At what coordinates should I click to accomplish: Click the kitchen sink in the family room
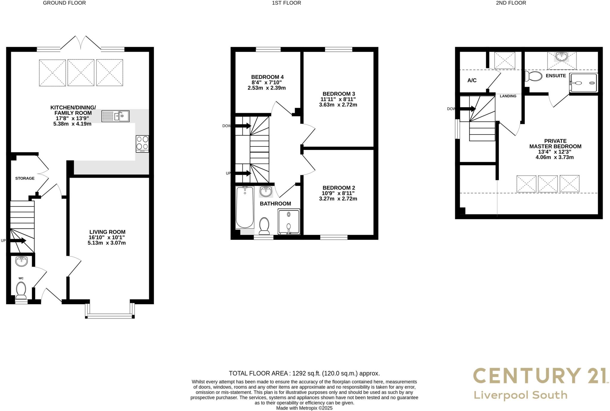115,116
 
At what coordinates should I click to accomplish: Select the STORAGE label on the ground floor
25,178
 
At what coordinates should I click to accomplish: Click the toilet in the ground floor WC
21,290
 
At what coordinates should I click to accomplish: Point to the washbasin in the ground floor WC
21,261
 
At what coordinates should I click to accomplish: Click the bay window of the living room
110,316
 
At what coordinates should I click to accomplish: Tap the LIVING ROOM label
107,232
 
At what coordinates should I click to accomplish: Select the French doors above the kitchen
80,43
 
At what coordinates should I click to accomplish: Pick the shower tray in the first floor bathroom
289,222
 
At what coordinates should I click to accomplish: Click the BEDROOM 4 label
267,77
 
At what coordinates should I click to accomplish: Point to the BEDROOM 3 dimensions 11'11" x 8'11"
338,99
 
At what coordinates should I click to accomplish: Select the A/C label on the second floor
472,81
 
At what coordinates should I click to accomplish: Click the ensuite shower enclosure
583,83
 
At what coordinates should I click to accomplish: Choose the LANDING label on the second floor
508,96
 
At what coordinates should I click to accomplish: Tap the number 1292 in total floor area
299,373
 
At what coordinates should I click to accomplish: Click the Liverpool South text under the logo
520,395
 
